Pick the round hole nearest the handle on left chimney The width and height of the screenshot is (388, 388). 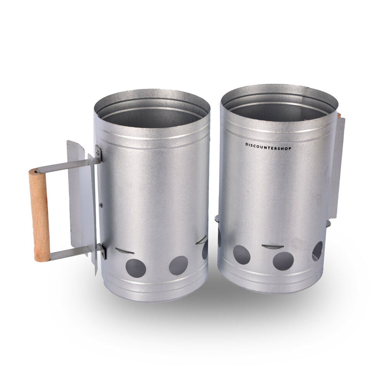click(x=136, y=268)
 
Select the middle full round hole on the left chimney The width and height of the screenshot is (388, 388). click(x=178, y=265)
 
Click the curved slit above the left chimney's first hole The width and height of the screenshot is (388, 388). click(x=125, y=251)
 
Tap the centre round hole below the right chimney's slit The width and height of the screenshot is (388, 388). click(x=283, y=261)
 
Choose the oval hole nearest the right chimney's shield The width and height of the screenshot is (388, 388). click(x=317, y=251)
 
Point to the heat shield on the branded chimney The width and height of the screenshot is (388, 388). click(x=336, y=167)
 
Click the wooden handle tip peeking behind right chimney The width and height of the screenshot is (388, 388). click(x=339, y=115)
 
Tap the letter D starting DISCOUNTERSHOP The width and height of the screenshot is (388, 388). click(x=246, y=144)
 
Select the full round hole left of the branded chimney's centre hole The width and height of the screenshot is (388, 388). click(x=242, y=255)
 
